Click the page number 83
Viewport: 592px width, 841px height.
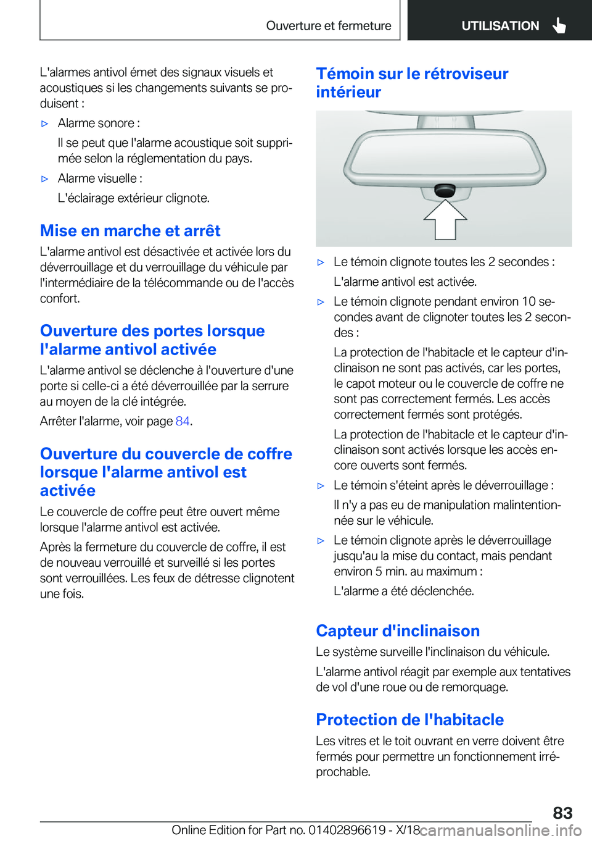(x=562, y=813)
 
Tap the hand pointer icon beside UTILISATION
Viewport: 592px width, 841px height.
(x=559, y=25)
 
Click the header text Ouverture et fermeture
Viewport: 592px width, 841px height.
(x=329, y=26)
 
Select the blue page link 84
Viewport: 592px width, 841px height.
(x=183, y=421)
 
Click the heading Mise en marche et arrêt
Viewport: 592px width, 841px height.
(x=130, y=231)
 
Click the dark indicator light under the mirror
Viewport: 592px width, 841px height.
(x=445, y=190)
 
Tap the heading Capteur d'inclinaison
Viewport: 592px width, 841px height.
(x=398, y=631)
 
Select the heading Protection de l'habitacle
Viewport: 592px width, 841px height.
(x=409, y=720)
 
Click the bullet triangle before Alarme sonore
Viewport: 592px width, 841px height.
(x=44, y=123)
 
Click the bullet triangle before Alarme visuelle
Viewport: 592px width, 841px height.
(x=44, y=179)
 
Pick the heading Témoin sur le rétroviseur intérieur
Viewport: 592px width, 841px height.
(x=412, y=83)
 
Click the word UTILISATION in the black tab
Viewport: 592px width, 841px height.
(x=500, y=26)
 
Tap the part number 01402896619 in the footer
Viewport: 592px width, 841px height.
(x=347, y=830)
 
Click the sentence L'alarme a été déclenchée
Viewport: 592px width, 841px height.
(x=404, y=592)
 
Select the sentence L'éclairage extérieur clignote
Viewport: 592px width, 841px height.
(x=134, y=198)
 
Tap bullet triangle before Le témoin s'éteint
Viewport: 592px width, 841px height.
(x=321, y=486)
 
